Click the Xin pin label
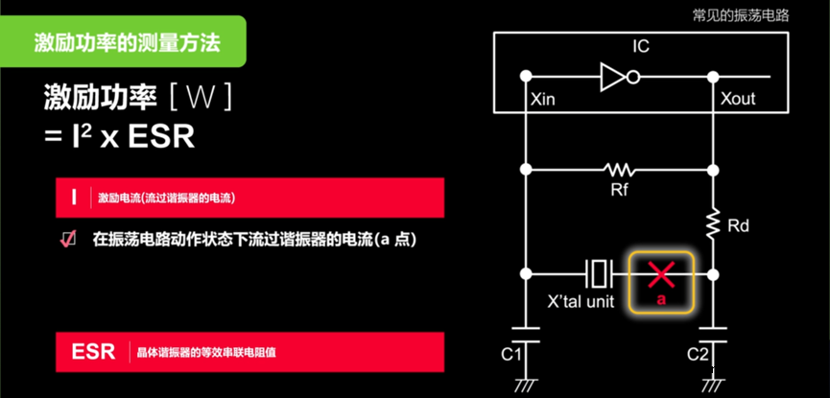[542, 99]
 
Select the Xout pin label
[737, 99]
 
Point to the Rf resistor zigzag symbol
[619, 170]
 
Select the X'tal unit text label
[580, 302]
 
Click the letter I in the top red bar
[74, 198]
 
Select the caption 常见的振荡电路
[741, 15]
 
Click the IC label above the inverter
[641, 46]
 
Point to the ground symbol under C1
[526, 385]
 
